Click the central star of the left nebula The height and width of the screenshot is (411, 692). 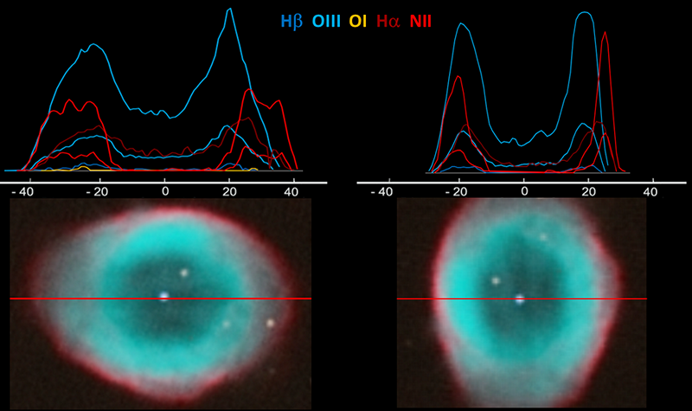pyautogui.click(x=163, y=297)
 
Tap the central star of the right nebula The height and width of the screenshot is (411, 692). pyautogui.click(x=520, y=299)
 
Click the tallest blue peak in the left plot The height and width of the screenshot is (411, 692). pyautogui.click(x=229, y=10)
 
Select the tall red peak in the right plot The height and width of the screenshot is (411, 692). pyautogui.click(x=605, y=34)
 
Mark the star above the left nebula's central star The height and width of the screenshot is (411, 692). pyautogui.click(x=184, y=273)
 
